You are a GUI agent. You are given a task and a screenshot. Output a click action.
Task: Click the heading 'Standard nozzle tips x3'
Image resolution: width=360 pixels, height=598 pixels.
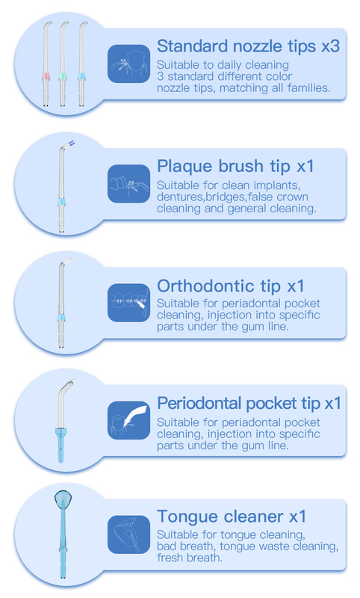click(248, 46)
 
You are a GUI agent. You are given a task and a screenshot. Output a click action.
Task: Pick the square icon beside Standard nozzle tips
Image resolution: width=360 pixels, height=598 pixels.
click(128, 64)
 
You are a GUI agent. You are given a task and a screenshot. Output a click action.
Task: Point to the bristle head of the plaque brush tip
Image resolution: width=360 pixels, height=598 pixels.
click(71, 144)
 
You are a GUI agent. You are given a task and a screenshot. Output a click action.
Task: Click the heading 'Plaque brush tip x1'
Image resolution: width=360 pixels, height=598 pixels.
click(235, 166)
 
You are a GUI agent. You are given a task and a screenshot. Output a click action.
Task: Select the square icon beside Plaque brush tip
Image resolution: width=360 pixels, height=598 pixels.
click(128, 184)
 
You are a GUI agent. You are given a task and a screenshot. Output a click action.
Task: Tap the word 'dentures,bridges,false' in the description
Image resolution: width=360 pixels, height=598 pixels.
click(214, 197)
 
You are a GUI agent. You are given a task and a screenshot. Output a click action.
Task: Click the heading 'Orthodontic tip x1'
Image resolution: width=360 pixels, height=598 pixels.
click(231, 286)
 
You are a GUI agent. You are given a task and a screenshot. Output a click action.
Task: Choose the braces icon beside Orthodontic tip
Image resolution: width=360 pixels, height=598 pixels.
click(128, 303)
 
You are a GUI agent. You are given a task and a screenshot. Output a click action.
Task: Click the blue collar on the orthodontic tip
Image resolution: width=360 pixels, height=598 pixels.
click(61, 318)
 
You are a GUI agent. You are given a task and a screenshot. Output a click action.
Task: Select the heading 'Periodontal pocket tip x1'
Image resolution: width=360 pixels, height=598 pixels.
click(249, 404)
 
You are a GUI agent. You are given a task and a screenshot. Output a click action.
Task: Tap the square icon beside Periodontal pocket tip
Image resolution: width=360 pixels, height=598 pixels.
click(128, 420)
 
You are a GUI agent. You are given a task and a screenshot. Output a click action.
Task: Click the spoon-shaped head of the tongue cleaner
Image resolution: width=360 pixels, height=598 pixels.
click(63, 499)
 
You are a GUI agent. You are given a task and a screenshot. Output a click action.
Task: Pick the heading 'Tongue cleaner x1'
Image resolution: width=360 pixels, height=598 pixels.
click(232, 517)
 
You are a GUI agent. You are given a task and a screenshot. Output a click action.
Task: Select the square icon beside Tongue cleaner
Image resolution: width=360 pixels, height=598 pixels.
click(128, 534)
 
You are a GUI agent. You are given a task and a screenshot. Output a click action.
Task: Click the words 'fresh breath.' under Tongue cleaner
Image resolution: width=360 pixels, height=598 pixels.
click(189, 558)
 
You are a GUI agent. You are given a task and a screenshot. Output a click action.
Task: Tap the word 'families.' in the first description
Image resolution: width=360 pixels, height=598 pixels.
click(309, 88)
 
